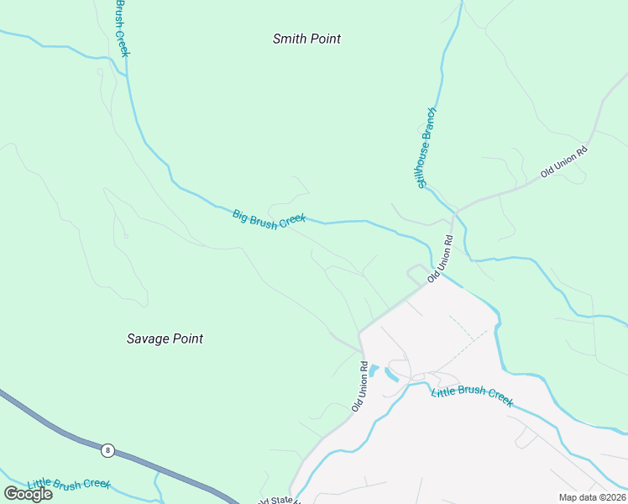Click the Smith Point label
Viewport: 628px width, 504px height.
[x=307, y=39]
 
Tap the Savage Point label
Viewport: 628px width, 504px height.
[x=165, y=339]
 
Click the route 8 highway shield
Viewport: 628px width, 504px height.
[x=107, y=450]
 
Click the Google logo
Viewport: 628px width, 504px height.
[x=28, y=494]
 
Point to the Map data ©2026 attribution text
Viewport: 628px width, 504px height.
[x=591, y=497]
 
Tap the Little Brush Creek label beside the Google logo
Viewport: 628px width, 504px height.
[x=69, y=485]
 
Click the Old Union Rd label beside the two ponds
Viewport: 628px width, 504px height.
[x=360, y=386]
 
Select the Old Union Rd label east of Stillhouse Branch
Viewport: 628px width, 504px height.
[x=564, y=161]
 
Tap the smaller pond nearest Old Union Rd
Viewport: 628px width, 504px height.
[x=374, y=370]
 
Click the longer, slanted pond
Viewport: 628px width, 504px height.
[x=391, y=376]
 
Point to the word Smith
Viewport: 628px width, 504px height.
[x=289, y=39]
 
